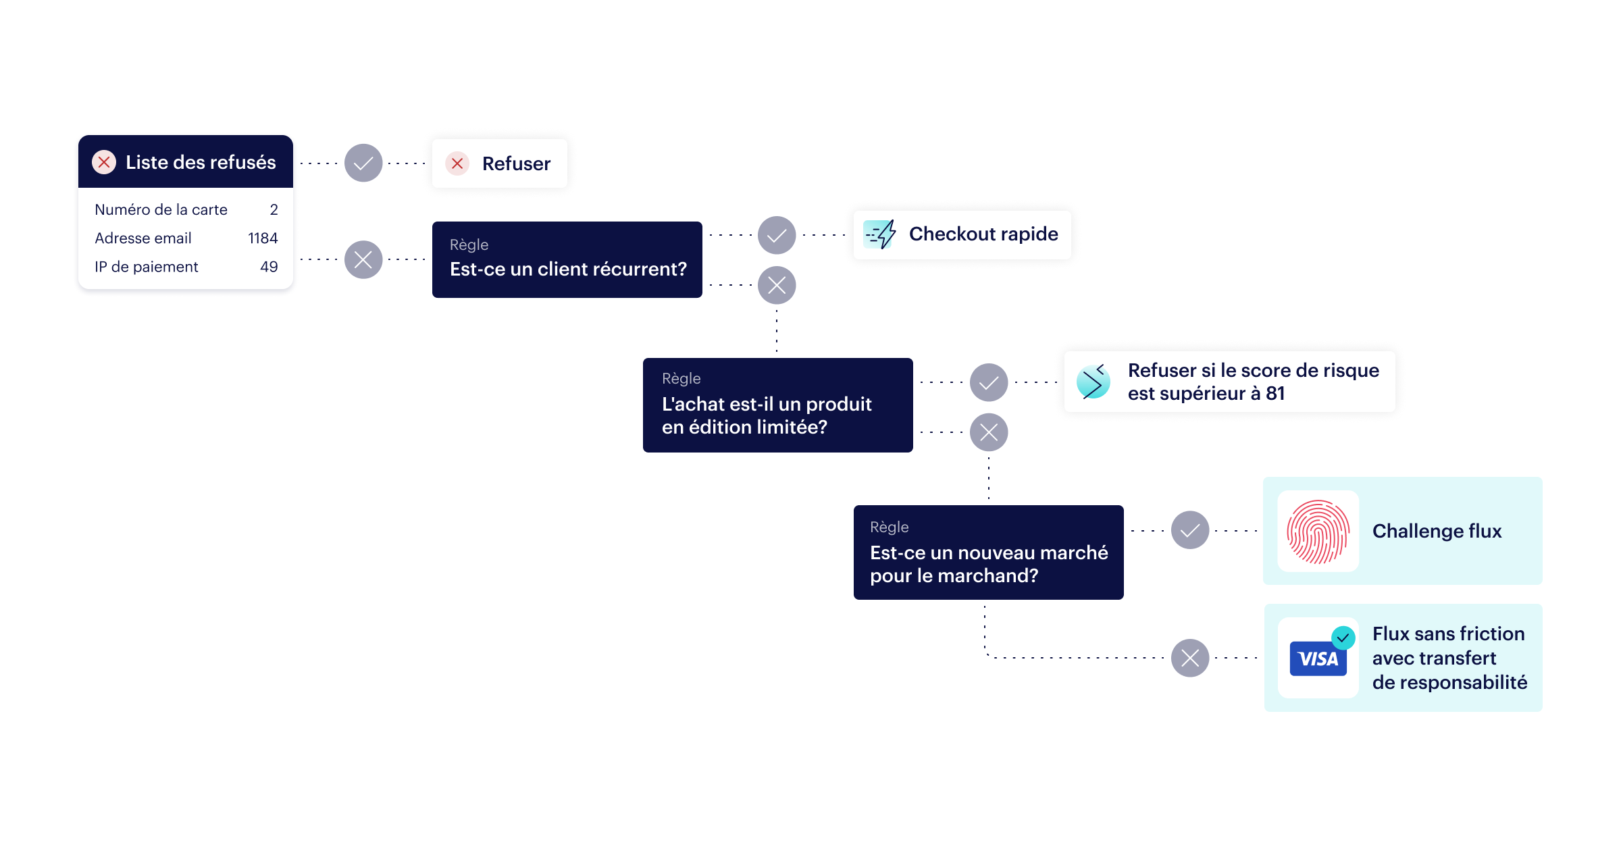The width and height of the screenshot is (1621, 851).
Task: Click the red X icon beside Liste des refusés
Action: (x=104, y=162)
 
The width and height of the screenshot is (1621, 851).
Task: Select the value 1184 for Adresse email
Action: (x=263, y=238)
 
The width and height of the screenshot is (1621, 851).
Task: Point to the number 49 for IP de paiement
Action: (x=269, y=267)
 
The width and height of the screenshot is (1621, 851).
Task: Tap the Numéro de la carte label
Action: (x=161, y=210)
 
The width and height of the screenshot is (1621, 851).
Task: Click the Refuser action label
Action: (x=516, y=163)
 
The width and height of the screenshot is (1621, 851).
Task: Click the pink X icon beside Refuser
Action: (x=457, y=163)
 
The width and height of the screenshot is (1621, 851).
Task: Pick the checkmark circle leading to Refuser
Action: (x=363, y=163)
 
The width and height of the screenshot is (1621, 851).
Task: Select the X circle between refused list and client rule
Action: (x=363, y=260)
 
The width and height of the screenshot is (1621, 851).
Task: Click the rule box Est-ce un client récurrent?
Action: (x=567, y=260)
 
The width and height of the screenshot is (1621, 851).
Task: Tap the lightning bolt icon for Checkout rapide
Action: (x=880, y=234)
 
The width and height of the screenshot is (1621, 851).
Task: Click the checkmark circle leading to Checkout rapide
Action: (x=777, y=235)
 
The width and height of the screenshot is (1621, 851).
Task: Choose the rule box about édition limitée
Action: (x=778, y=405)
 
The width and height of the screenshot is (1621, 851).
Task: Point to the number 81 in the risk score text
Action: (x=1275, y=394)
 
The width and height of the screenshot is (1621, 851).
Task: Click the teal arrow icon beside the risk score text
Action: (x=1093, y=382)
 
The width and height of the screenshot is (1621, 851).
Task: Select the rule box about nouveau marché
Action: (x=989, y=552)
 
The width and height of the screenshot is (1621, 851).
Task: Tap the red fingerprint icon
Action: (x=1318, y=532)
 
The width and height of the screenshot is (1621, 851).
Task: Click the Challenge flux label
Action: (x=1437, y=532)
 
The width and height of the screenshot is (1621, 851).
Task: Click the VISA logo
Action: (x=1318, y=659)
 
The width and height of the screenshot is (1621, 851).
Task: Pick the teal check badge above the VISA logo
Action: (x=1343, y=638)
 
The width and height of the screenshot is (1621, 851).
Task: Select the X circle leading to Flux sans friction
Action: (x=1190, y=658)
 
